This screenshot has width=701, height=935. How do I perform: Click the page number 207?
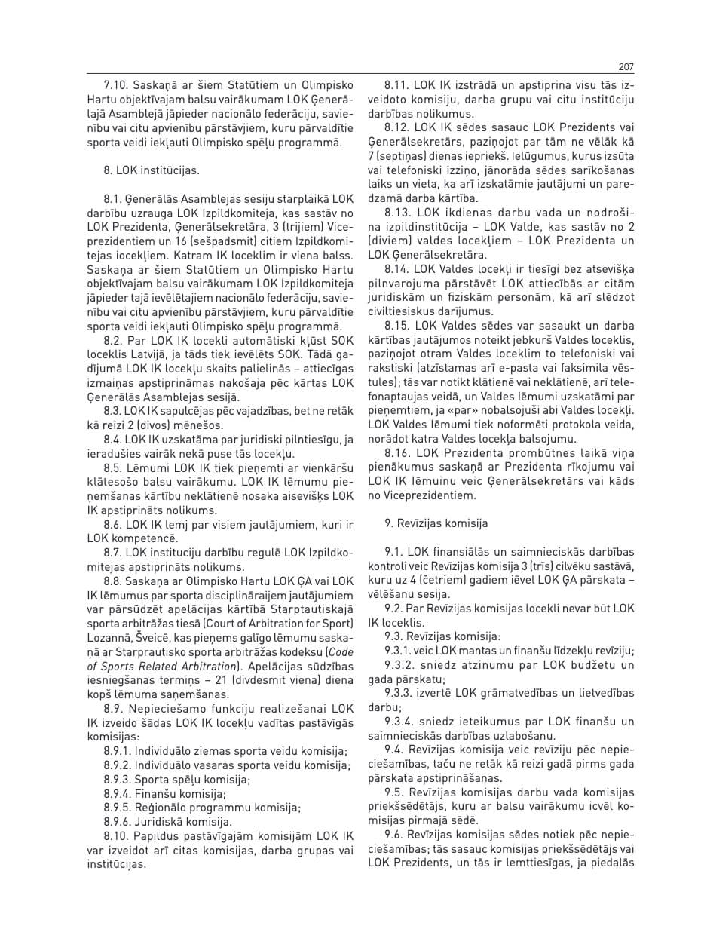point(624,66)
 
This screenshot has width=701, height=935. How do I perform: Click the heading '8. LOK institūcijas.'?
point(152,170)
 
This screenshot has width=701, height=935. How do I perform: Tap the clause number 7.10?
point(117,86)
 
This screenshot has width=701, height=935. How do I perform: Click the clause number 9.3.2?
point(404,664)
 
